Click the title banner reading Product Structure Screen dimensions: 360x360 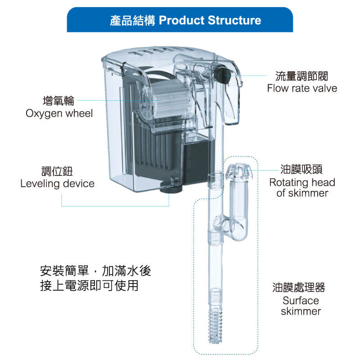(180, 20)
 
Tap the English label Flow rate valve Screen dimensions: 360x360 (302, 88)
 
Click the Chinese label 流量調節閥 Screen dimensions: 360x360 (302, 76)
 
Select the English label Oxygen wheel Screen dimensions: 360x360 (59, 113)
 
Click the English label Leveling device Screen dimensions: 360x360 (58, 184)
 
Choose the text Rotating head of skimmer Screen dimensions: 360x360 (302, 188)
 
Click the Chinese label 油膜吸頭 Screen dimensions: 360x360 (301, 170)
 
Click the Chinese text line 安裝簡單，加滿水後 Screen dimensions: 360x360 (95, 271)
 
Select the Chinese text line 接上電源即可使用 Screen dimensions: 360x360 (89, 285)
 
